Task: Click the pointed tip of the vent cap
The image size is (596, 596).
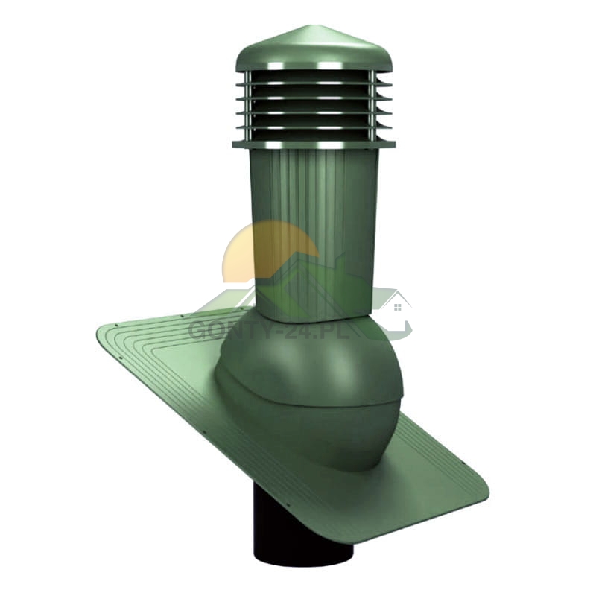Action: coord(299,27)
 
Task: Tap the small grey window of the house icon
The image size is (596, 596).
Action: coord(397,307)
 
